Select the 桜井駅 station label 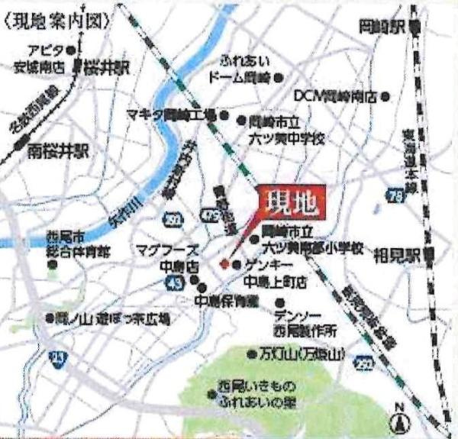click(x=108, y=68)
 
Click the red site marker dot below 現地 click(x=224, y=263)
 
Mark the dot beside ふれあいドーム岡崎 click(x=279, y=77)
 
